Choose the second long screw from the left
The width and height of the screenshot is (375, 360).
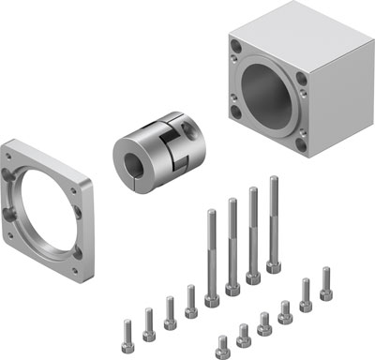(232, 239)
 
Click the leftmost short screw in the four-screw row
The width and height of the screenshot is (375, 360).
(128, 329)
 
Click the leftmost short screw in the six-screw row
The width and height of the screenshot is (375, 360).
(222, 343)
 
